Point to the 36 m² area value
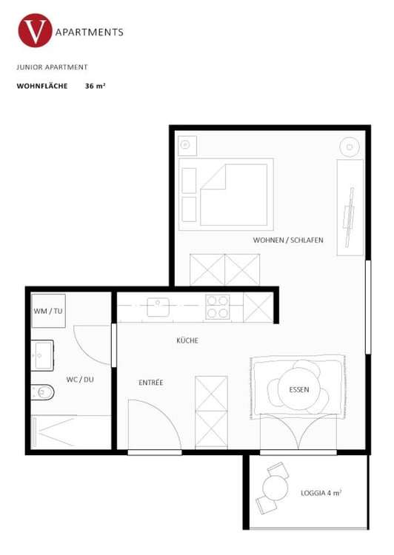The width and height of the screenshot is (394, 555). click(95, 86)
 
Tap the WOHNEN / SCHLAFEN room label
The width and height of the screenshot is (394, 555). click(288, 240)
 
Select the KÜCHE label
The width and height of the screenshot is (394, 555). click(187, 340)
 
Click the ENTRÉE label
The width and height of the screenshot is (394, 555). click(150, 383)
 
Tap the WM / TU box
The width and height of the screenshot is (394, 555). click(49, 312)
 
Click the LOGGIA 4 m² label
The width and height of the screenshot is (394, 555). click(321, 492)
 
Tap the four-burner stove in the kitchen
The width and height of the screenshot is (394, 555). click(217, 306)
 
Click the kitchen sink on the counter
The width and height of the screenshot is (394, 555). click(158, 306)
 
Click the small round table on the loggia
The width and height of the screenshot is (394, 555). click(275, 488)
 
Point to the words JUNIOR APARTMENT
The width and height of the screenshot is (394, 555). click(52, 67)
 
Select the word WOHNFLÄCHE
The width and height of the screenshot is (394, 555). click(42, 86)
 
